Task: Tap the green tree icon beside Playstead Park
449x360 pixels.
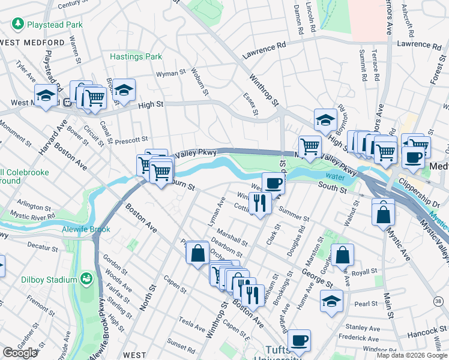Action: pyautogui.click(x=17, y=25)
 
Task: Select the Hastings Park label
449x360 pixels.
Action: pyautogui.click(x=136, y=57)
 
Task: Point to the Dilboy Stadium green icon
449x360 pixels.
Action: pyautogui.click(x=87, y=278)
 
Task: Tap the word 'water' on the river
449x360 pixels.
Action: pyautogui.click(x=336, y=176)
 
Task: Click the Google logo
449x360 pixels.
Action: pyautogui.click(x=20, y=353)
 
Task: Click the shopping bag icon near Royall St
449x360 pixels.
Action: pyautogui.click(x=342, y=256)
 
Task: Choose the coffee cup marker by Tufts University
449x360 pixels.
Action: pyautogui.click(x=299, y=340)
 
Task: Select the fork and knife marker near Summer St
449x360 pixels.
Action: pyautogui.click(x=260, y=203)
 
